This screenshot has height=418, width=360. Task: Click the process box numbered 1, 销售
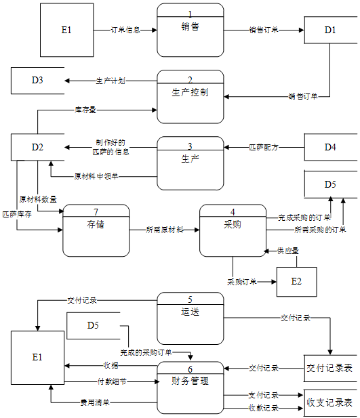[191, 30]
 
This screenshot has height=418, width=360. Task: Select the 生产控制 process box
[191, 97]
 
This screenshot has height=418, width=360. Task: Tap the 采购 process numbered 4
[233, 230]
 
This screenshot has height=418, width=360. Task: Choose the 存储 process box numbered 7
[96, 230]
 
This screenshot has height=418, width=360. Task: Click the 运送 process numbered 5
[191, 318]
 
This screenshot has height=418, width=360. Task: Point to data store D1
[329, 30]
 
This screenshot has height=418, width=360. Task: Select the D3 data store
[37, 80]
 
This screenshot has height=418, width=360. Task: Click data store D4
[329, 146]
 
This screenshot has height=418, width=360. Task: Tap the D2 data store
[37, 147]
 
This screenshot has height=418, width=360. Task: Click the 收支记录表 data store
[329, 402]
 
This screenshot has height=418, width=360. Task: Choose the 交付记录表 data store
[329, 369]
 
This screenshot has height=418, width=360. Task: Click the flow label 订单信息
[125, 30]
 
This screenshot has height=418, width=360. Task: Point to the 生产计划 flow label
[111, 81]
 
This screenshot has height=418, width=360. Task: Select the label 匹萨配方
[263, 146]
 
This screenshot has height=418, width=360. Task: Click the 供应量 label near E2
[288, 251]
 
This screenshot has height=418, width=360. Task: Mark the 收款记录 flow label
[263, 408]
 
